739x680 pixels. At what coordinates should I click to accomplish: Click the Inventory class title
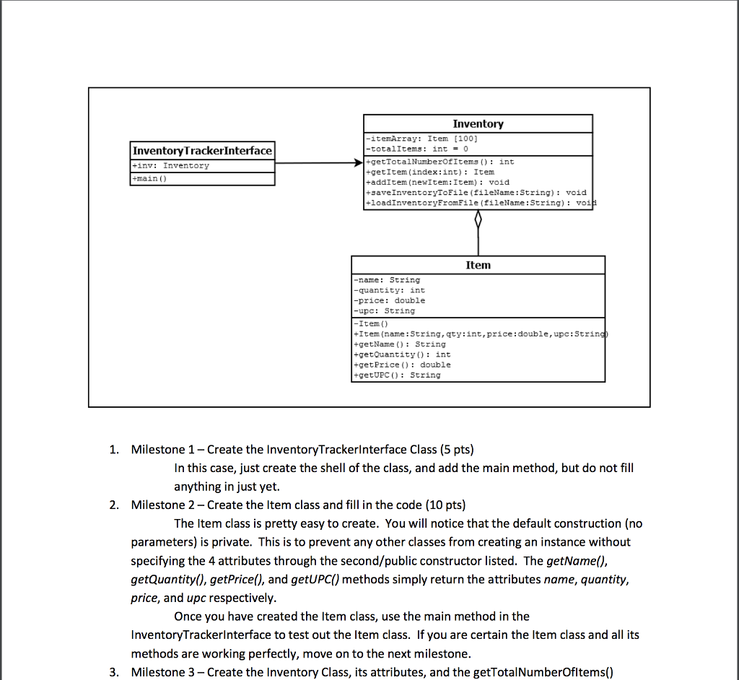pyautogui.click(x=478, y=124)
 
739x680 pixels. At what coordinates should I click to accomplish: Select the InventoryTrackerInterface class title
pyautogui.click(x=202, y=150)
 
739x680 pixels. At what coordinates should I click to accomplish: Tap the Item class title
pyautogui.click(x=478, y=265)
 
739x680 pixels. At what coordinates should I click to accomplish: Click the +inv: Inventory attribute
pyautogui.click(x=170, y=165)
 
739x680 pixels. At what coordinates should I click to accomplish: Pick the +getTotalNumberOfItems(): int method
pyautogui.click(x=440, y=162)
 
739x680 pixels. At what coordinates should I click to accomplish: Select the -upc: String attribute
pyautogui.click(x=384, y=310)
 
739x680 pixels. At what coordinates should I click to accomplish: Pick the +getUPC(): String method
pyautogui.click(x=396, y=375)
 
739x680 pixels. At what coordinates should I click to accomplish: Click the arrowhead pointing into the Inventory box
pyautogui.click(x=357, y=163)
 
